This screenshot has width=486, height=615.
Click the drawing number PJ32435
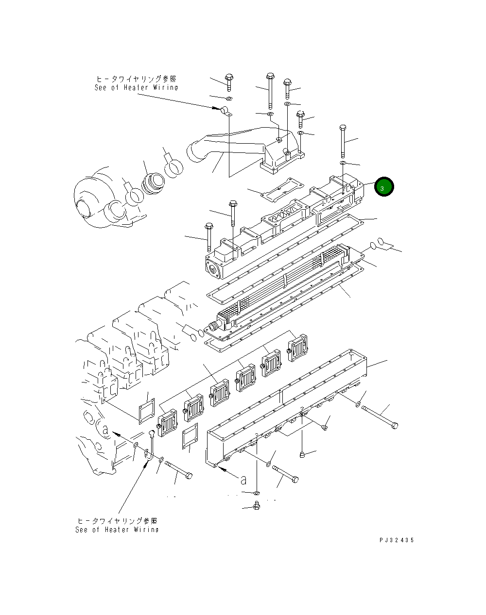point(397,540)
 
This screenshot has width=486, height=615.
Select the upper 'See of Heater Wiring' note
point(136,83)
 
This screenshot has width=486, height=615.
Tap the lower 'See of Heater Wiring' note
point(117,525)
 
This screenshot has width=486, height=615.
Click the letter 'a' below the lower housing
point(243,480)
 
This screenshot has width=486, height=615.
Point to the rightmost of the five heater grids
point(297,348)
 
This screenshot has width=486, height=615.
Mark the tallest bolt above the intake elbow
point(269,92)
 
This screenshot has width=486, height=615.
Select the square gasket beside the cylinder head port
point(147,411)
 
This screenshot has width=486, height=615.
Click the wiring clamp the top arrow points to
point(226,111)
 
